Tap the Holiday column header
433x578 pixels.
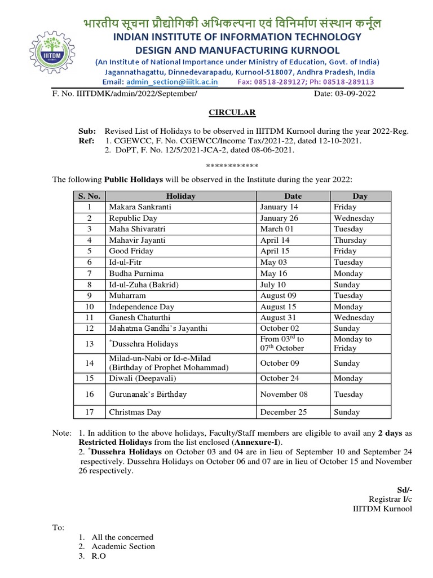click(x=180, y=196)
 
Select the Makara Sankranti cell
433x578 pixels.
click(x=140, y=207)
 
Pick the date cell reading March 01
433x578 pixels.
click(x=276, y=229)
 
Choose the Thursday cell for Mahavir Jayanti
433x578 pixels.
click(x=350, y=240)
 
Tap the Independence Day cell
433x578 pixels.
click(x=142, y=306)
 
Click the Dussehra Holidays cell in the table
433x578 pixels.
click(x=144, y=344)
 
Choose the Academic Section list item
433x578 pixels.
click(x=123, y=546)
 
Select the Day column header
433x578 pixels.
click(x=360, y=196)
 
